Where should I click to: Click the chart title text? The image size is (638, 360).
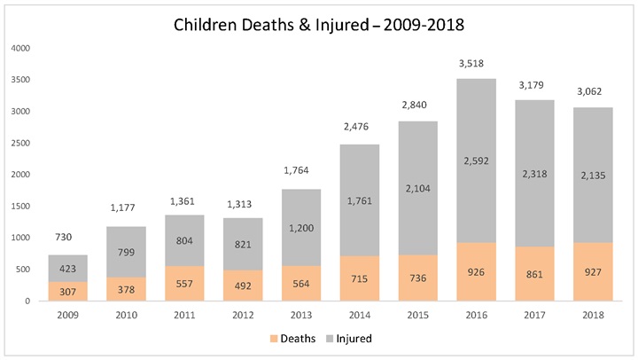tap(318, 25)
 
